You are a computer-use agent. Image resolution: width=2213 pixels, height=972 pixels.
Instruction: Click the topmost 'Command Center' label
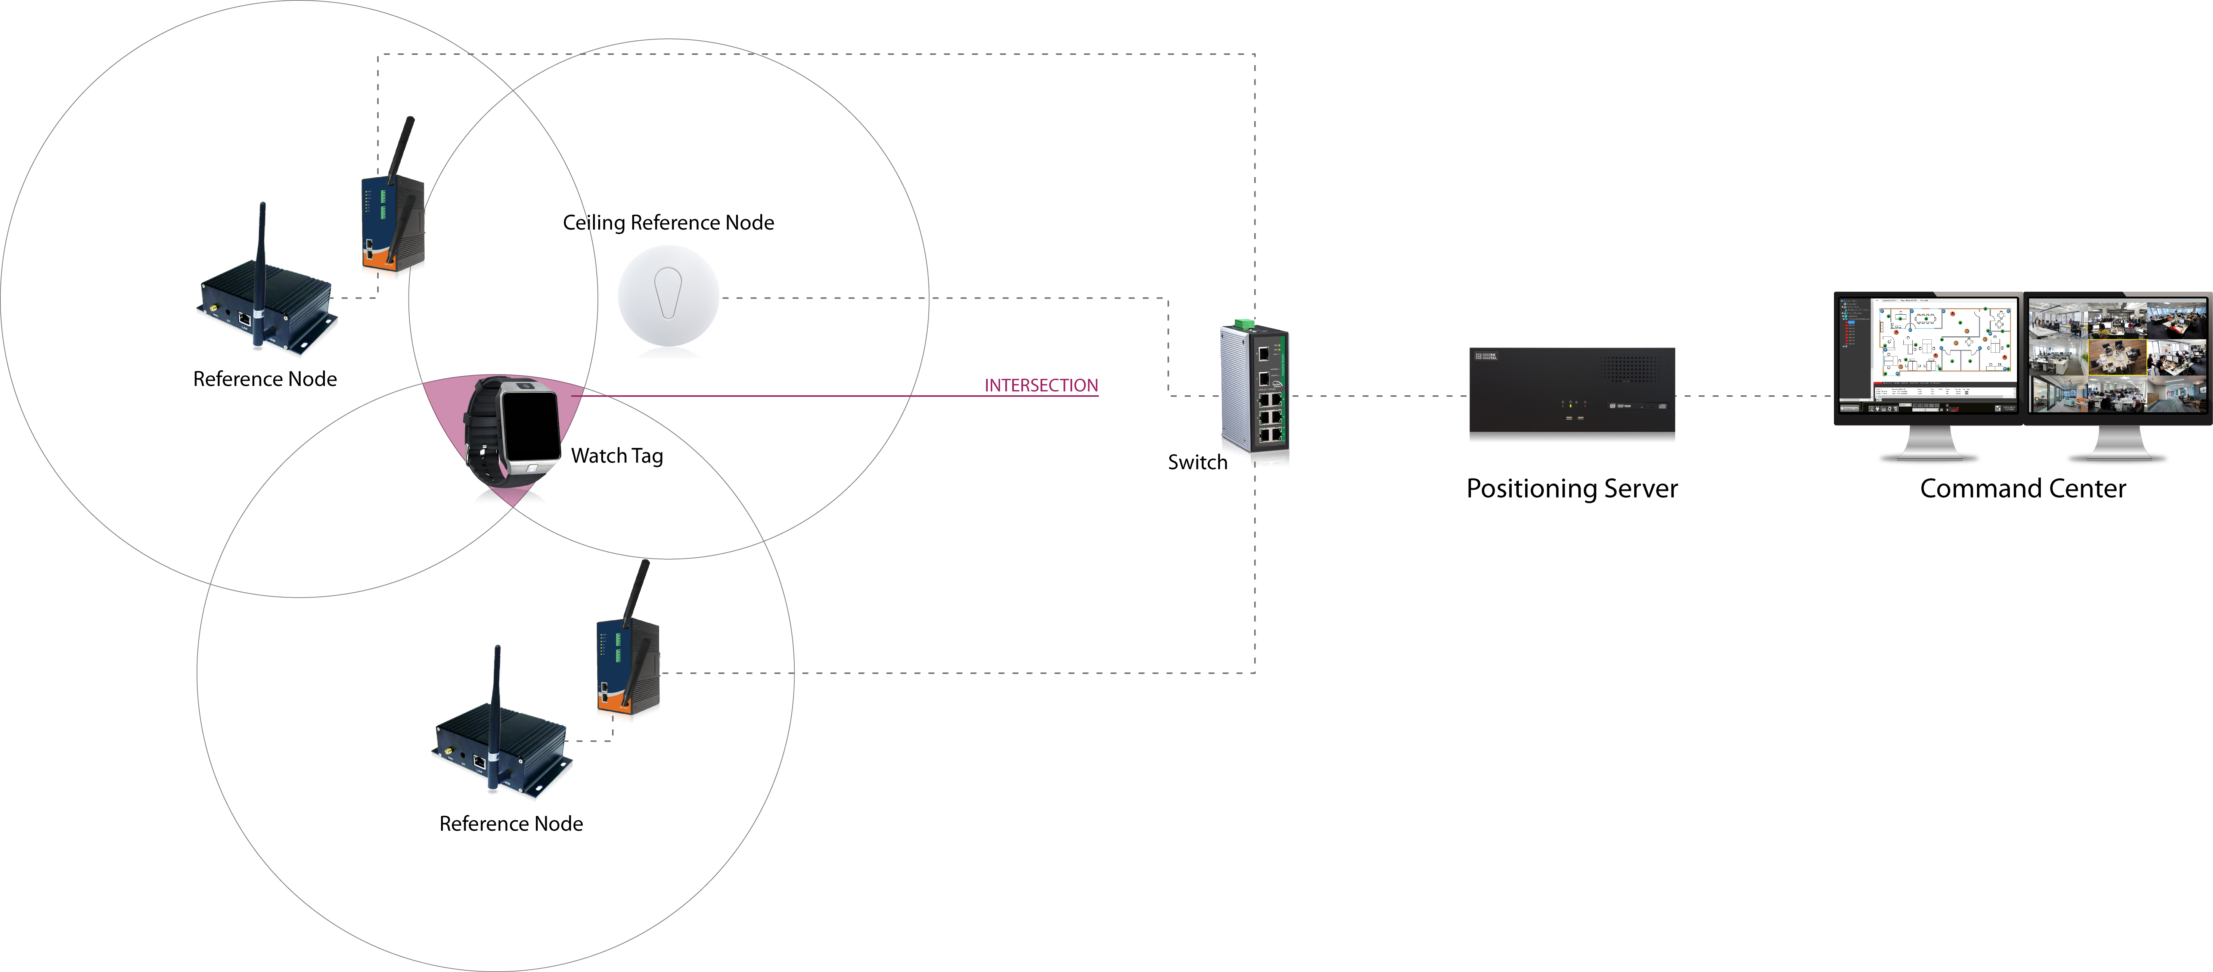(2027, 488)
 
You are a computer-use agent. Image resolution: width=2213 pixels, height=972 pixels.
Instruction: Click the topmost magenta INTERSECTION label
(1041, 386)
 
